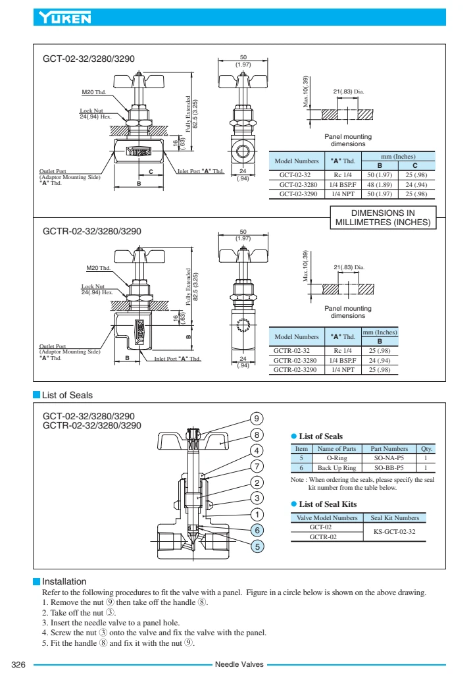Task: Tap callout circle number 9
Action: (258, 418)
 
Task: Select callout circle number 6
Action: (258, 529)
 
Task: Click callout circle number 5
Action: (258, 546)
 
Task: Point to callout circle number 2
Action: (258, 482)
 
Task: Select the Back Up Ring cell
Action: (337, 467)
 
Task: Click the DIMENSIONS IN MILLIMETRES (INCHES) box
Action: (383, 218)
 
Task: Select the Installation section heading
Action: (64, 581)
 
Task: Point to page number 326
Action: (18, 665)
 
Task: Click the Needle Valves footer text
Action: (239, 665)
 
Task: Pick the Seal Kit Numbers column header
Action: (395, 517)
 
